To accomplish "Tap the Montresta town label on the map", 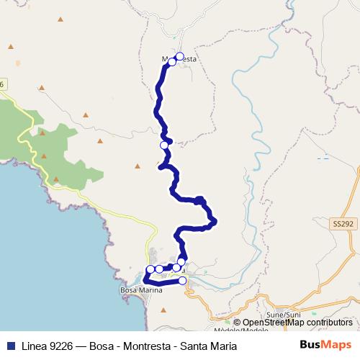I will [181, 60].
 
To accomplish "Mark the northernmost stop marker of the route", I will [179, 56].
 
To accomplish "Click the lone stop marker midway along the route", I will [164, 145].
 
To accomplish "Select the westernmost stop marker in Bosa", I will [150, 270].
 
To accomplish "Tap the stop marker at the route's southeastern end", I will [183, 281].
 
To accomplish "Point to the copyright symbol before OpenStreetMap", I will [237, 323].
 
